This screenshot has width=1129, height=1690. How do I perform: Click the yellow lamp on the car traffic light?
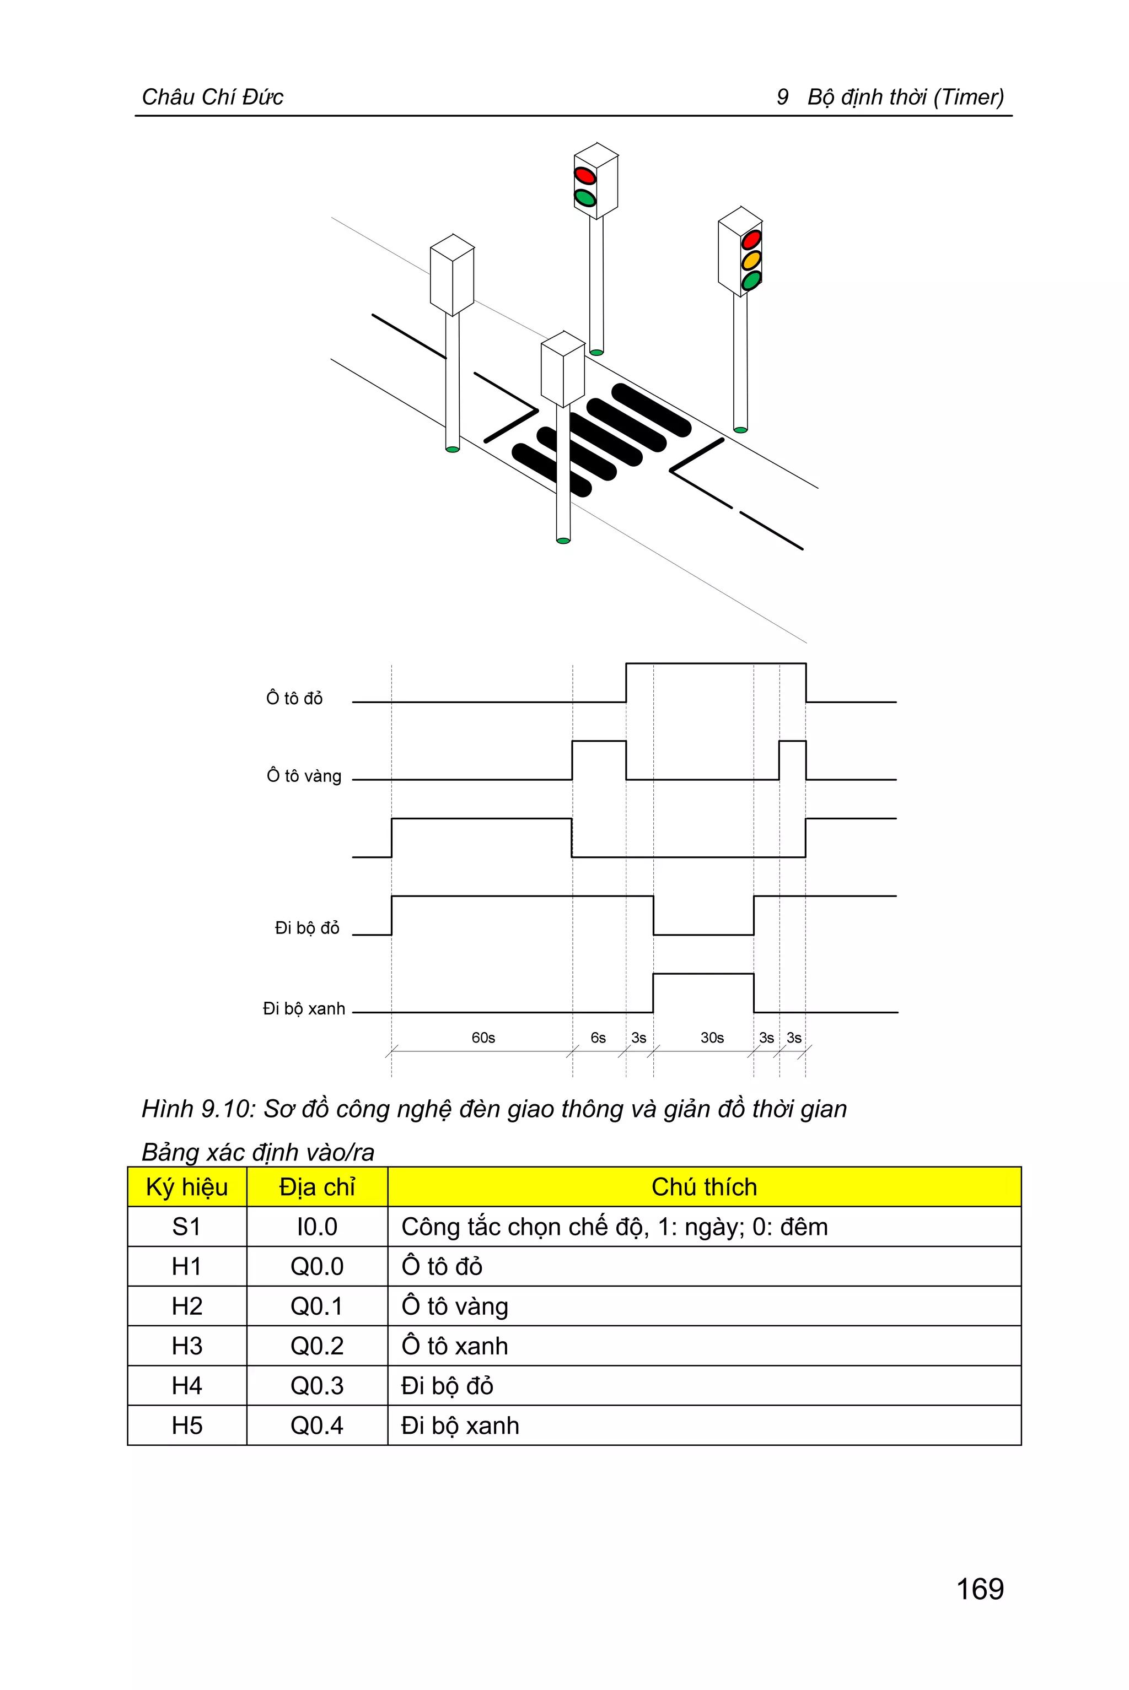tap(751, 260)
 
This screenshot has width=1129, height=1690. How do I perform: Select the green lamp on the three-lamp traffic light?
tap(751, 280)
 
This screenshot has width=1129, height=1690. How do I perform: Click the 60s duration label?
tap(483, 1037)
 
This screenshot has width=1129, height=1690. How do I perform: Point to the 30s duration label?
tap(712, 1037)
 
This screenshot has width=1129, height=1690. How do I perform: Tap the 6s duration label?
tap(598, 1037)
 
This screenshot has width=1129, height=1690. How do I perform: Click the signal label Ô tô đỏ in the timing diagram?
tap(294, 698)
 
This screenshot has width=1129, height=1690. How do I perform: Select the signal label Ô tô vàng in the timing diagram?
tap(304, 775)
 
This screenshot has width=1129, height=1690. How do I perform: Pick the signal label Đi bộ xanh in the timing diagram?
tap(304, 1008)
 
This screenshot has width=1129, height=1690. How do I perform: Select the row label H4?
tap(186, 1385)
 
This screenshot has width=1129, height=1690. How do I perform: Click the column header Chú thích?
tap(703, 1186)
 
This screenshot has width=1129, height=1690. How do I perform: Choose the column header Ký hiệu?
tap(186, 1186)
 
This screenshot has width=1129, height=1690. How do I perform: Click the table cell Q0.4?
tap(317, 1424)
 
